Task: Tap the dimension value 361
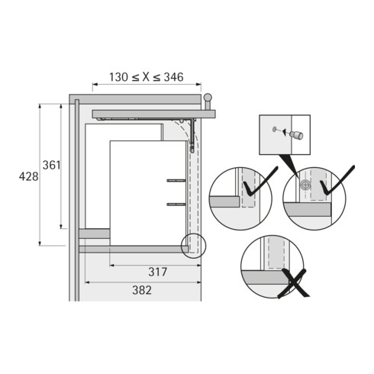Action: coord(51,165)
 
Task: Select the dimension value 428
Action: coord(27,176)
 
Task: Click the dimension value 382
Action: coord(141,290)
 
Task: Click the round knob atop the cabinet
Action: coord(206,97)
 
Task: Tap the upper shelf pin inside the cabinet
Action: coord(175,180)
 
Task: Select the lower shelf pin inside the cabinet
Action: coord(175,204)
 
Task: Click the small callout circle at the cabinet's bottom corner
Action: coord(194,246)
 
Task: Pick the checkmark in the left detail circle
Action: coord(254,184)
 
